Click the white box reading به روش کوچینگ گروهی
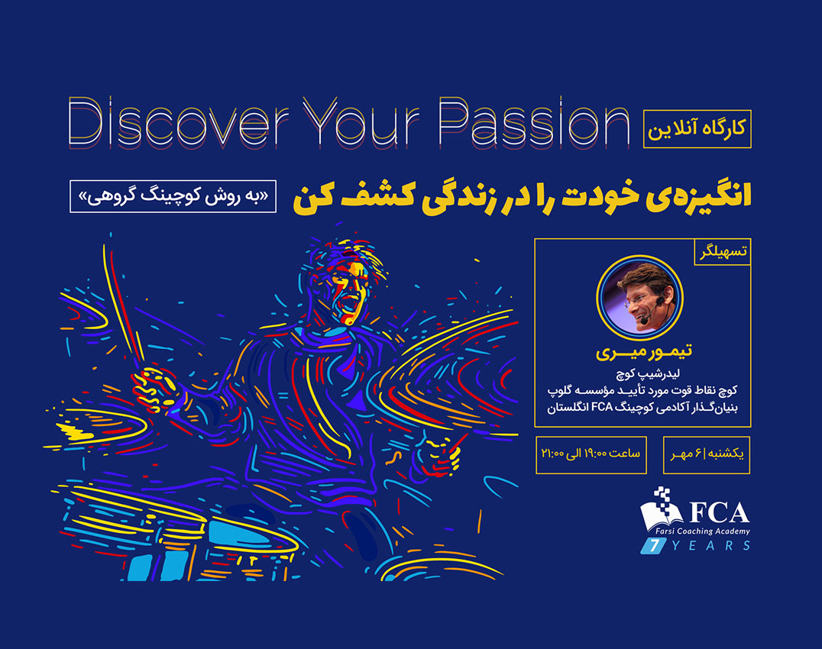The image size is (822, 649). tap(173, 196)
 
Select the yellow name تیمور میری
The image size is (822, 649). tap(640, 352)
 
